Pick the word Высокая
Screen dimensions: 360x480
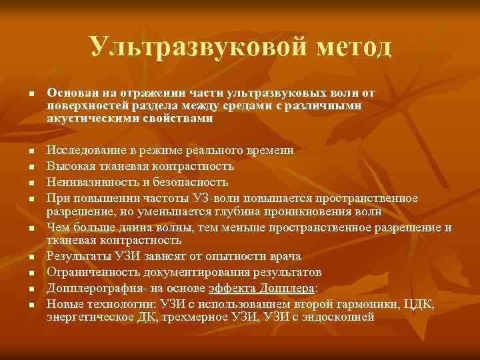(69, 166)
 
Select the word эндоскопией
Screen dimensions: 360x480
(337, 317)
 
